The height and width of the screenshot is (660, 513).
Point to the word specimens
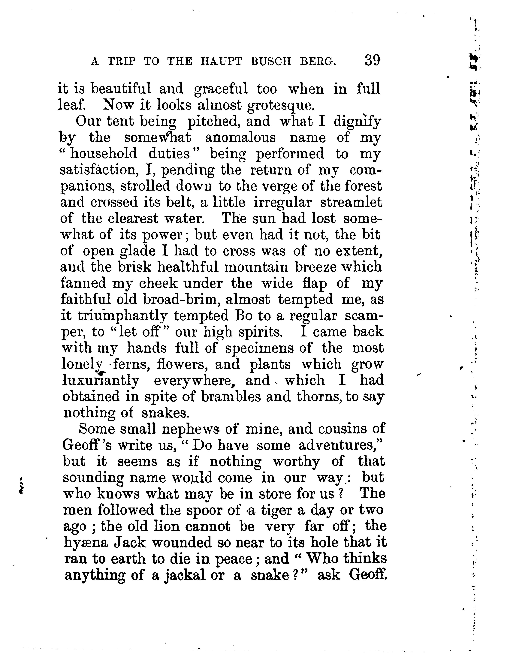(x=259, y=348)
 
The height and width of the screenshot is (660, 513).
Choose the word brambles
(x=232, y=396)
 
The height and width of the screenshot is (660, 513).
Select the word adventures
(x=340, y=445)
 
